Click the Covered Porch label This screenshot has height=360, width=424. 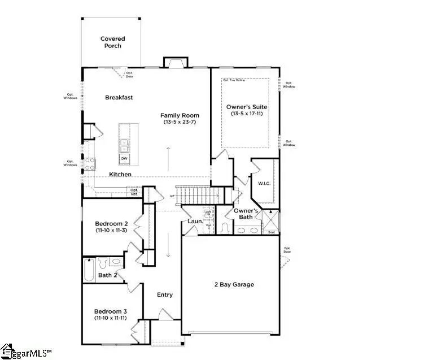(112, 42)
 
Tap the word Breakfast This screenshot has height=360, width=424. (119, 97)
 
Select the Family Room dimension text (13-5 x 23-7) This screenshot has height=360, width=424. (180, 123)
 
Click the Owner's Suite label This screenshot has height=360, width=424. (247, 107)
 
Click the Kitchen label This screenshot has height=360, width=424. (120, 175)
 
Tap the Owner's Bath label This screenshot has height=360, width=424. (246, 214)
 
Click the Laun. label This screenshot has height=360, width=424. (195, 222)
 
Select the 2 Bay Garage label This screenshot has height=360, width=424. (234, 284)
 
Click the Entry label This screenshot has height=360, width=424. (165, 294)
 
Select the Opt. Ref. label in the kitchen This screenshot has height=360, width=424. (134, 191)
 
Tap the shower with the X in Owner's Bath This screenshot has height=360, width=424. (271, 218)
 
